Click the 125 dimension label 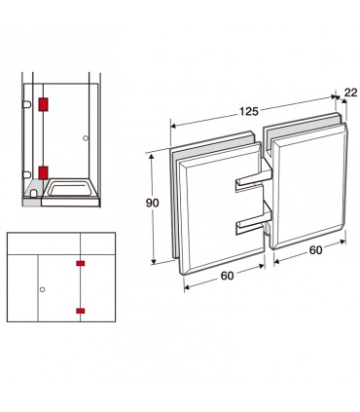click(x=249, y=112)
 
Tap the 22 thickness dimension click(x=350, y=93)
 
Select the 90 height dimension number click(x=152, y=204)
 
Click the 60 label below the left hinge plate click(x=227, y=276)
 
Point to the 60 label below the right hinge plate click(x=315, y=250)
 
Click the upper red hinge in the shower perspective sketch click(x=43, y=104)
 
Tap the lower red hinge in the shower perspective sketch click(x=43, y=172)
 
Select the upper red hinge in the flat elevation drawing click(x=80, y=263)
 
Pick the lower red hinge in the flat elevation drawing click(x=80, y=311)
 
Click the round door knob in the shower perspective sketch click(x=86, y=138)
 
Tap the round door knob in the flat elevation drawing click(x=42, y=289)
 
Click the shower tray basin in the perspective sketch click(x=70, y=189)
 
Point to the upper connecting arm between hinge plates click(x=253, y=180)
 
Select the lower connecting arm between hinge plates click(x=253, y=223)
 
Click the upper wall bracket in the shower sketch click(x=27, y=104)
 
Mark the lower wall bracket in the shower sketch click(x=27, y=175)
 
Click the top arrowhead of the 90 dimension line click(x=151, y=157)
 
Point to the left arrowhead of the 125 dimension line click(x=174, y=126)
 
